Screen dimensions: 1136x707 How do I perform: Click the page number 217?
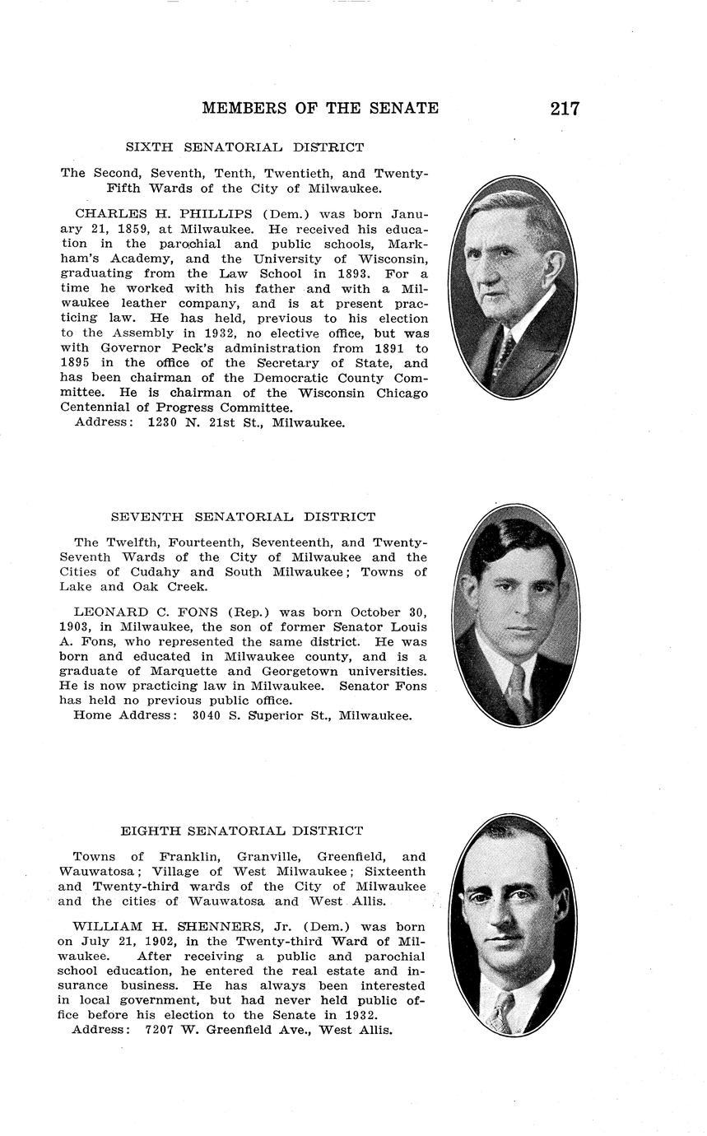pos(565,108)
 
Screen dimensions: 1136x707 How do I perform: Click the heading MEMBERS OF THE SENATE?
pos(320,108)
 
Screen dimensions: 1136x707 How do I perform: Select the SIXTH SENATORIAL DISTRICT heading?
pos(244,147)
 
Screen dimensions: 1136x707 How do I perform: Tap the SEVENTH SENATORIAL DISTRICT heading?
pos(243,517)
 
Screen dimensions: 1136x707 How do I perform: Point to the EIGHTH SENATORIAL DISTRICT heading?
pos(242,831)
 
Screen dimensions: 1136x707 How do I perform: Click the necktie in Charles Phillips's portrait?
pos(505,350)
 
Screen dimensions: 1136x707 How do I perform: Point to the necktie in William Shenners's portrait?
pos(500,1011)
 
